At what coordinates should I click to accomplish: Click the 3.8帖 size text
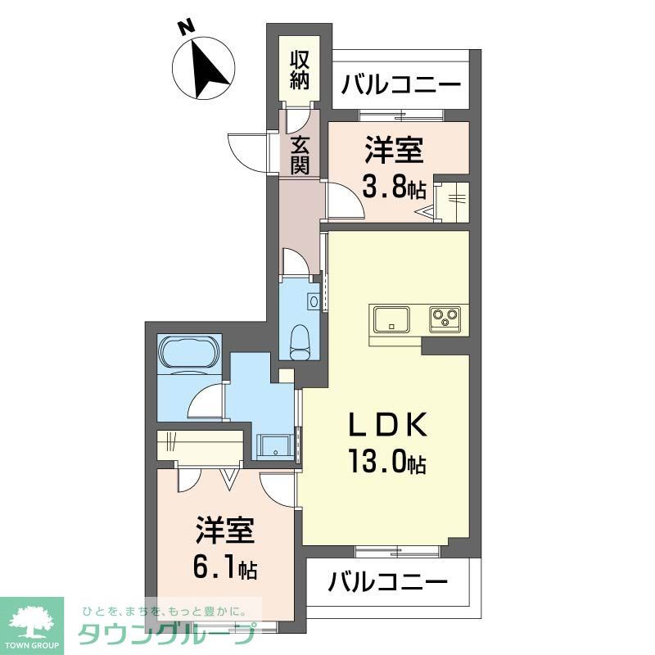[394, 189]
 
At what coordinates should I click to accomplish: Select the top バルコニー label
[401, 84]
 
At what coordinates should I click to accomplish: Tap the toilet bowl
[300, 338]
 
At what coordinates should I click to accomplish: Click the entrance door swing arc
[246, 150]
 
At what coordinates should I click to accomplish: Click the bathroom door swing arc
[204, 401]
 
